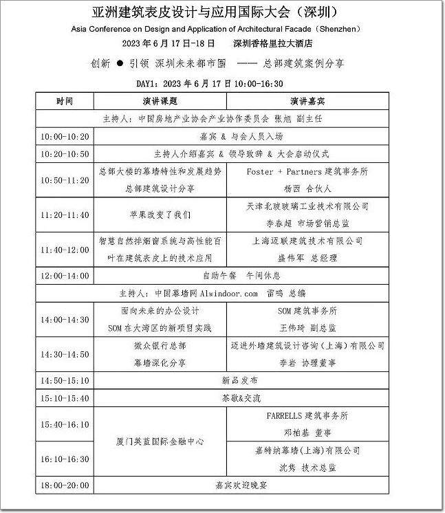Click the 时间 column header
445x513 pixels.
pyautogui.click(x=65, y=101)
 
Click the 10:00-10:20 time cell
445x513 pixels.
pyautogui.click(x=65, y=136)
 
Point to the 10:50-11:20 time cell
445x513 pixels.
pyautogui.click(x=65, y=180)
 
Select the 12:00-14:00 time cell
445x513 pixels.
pyautogui.click(x=65, y=276)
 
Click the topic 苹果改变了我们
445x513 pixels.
pyautogui.click(x=160, y=215)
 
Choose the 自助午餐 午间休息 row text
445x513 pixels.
pyautogui.click(x=241, y=276)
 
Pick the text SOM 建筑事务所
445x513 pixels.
pyautogui.click(x=307, y=311)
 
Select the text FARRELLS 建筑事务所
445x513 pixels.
pyautogui.click(x=307, y=415)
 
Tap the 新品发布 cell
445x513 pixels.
pyautogui.click(x=241, y=380)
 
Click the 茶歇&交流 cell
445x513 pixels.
pyautogui.click(x=241, y=397)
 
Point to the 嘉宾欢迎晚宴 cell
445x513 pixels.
pyautogui.click(x=241, y=485)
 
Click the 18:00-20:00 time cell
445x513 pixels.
pyautogui.click(x=65, y=485)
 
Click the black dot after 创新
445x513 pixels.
pyautogui.click(x=119, y=63)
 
